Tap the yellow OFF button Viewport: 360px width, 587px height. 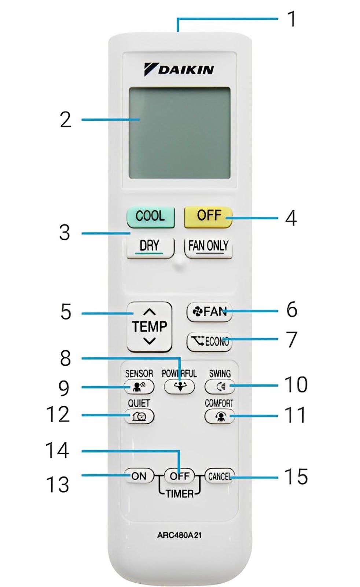(x=208, y=216)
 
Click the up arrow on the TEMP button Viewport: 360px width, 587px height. (x=149, y=312)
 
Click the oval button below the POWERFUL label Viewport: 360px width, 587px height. (x=179, y=386)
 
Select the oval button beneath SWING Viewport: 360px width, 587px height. (x=220, y=386)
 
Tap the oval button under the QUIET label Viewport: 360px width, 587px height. (x=139, y=416)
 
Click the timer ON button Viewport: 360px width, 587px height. (x=139, y=476)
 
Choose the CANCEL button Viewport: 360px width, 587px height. (x=219, y=476)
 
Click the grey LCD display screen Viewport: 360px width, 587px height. (x=179, y=133)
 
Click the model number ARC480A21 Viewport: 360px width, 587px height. (x=179, y=535)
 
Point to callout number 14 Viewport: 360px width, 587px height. (x=57, y=451)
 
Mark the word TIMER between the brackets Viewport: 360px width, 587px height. (x=179, y=494)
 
